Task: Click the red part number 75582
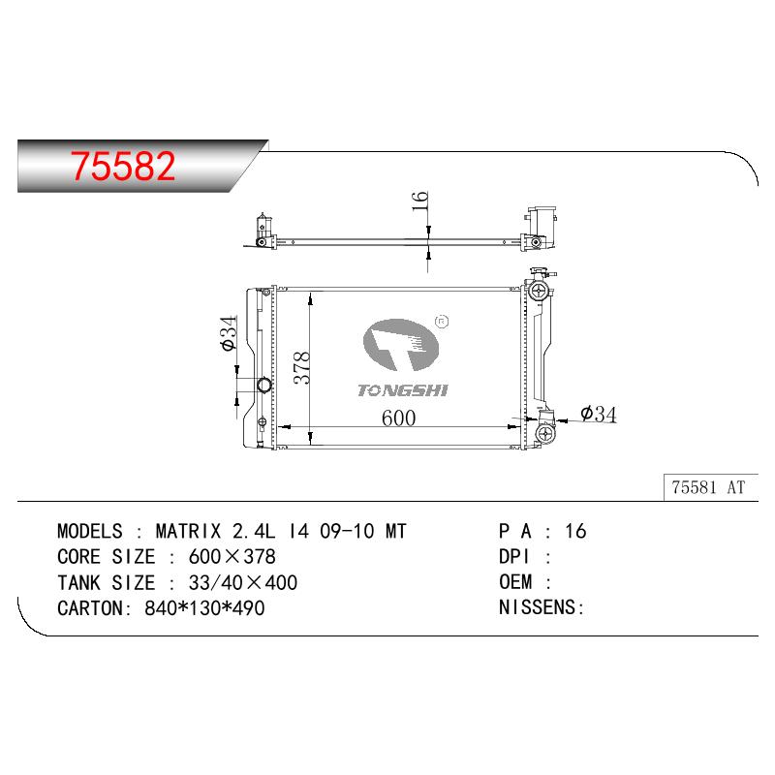click(x=123, y=166)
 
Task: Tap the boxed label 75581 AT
click(x=708, y=487)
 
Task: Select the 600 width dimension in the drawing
click(x=398, y=418)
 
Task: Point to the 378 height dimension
click(x=301, y=368)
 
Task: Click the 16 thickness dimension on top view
click(x=419, y=201)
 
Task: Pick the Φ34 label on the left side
click(x=229, y=333)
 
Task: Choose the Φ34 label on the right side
click(x=599, y=415)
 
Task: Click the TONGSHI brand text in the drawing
click(x=402, y=390)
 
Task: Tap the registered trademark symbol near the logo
click(x=442, y=322)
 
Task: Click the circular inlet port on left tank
click(x=264, y=385)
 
